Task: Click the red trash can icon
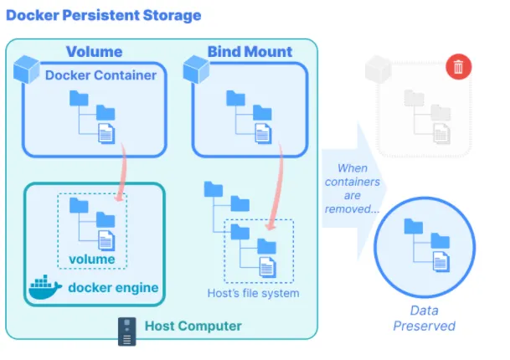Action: (x=458, y=67)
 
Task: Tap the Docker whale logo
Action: (x=45, y=287)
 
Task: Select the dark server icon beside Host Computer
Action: (x=126, y=332)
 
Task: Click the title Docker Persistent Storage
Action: (x=104, y=15)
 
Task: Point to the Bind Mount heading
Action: (x=250, y=52)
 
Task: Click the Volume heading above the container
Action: (x=95, y=52)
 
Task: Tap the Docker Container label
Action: (x=100, y=75)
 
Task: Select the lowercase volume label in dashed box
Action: (x=92, y=260)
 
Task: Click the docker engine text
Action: (x=113, y=287)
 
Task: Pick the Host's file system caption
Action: (x=254, y=293)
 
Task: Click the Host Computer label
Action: (x=193, y=326)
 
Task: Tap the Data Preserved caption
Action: (x=424, y=318)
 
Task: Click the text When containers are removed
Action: (x=353, y=188)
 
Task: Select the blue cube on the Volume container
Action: (x=26, y=69)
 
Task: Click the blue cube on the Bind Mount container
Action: (x=196, y=69)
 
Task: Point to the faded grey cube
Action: (x=378, y=69)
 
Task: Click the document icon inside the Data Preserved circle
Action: (x=441, y=261)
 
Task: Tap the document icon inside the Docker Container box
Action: (x=106, y=133)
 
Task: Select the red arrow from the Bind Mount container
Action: (x=277, y=185)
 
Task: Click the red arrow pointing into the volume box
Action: (x=122, y=172)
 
